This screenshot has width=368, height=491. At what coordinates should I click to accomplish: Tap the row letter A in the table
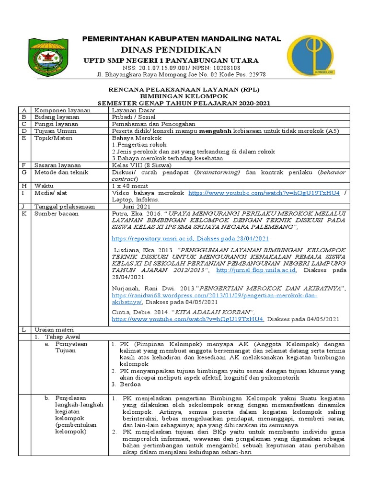(23, 110)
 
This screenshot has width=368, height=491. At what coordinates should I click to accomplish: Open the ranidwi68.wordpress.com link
(214, 296)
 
